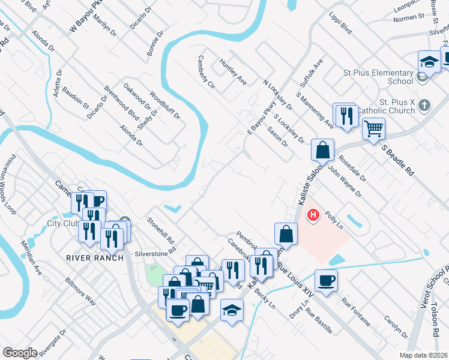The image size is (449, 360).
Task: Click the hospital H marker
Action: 313,214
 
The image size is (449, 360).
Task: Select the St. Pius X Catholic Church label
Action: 385,106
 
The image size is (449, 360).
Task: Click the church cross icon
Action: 425,105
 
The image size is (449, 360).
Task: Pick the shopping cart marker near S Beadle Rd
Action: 373,128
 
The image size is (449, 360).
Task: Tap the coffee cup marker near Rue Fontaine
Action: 326,281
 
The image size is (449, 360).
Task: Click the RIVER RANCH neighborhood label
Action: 95,258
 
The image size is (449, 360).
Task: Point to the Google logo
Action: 20,353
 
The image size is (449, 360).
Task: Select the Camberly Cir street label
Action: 206,72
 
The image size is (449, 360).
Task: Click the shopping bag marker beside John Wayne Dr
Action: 322,149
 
